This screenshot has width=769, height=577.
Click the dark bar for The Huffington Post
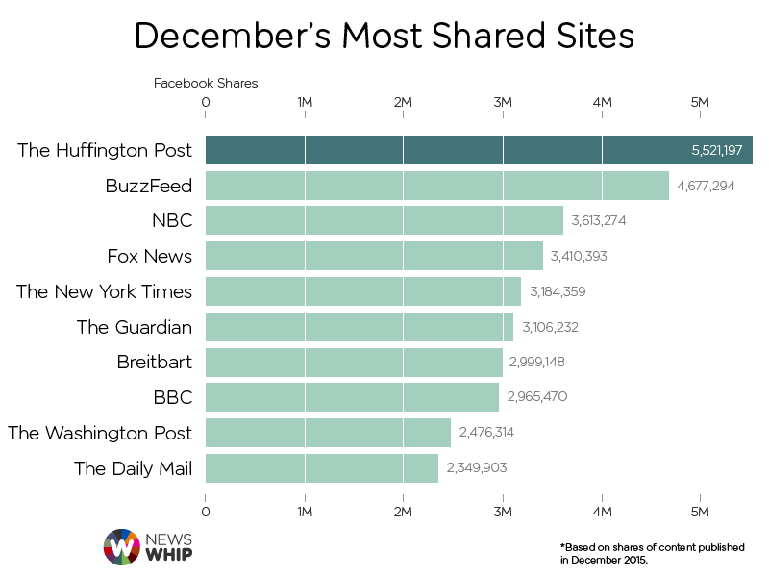pos(442,150)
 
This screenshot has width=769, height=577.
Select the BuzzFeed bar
pos(437,186)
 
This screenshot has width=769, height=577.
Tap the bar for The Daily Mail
pos(322,468)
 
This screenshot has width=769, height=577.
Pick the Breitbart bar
pos(354,363)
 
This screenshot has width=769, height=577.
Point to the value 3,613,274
pos(598,221)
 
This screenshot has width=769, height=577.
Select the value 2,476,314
pos(485,433)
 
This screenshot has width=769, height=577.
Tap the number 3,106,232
pos(550,327)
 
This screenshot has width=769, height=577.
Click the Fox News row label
pos(150,256)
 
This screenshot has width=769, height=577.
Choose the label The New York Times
pos(104,291)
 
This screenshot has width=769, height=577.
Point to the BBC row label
pos(172,397)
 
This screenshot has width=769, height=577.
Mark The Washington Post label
pos(100,433)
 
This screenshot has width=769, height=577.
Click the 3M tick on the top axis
pos(502,102)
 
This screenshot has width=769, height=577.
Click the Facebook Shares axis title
pos(206,83)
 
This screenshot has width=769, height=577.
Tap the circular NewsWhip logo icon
pos(121,546)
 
